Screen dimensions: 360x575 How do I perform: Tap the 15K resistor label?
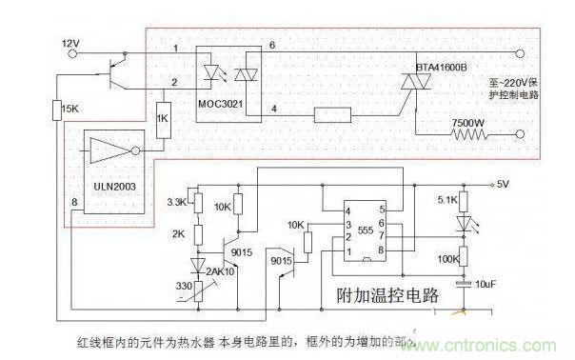68,111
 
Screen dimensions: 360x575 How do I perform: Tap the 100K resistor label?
446,257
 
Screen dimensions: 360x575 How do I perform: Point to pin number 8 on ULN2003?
74,201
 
